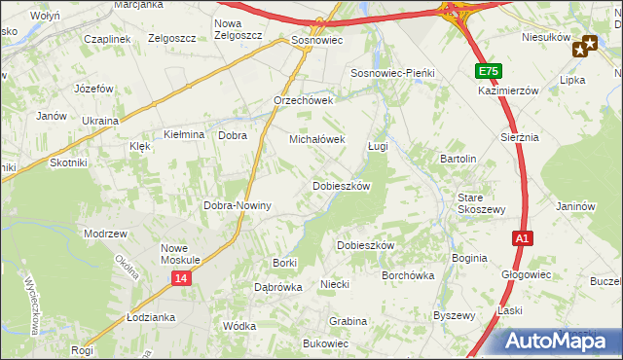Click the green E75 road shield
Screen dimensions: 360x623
point(489,71)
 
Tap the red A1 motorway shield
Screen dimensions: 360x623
point(523,237)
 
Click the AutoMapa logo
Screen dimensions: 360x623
point(551,342)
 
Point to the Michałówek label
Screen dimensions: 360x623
point(317,139)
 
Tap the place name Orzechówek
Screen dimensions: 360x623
point(304,100)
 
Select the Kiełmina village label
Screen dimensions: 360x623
point(183,135)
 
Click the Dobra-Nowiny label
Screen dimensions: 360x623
point(237,205)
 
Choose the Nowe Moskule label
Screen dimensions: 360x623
point(180,254)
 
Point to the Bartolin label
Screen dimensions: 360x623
point(458,159)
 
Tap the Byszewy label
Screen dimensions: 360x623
point(454,315)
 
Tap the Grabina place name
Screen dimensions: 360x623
point(348,320)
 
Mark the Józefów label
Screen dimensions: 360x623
point(94,88)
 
